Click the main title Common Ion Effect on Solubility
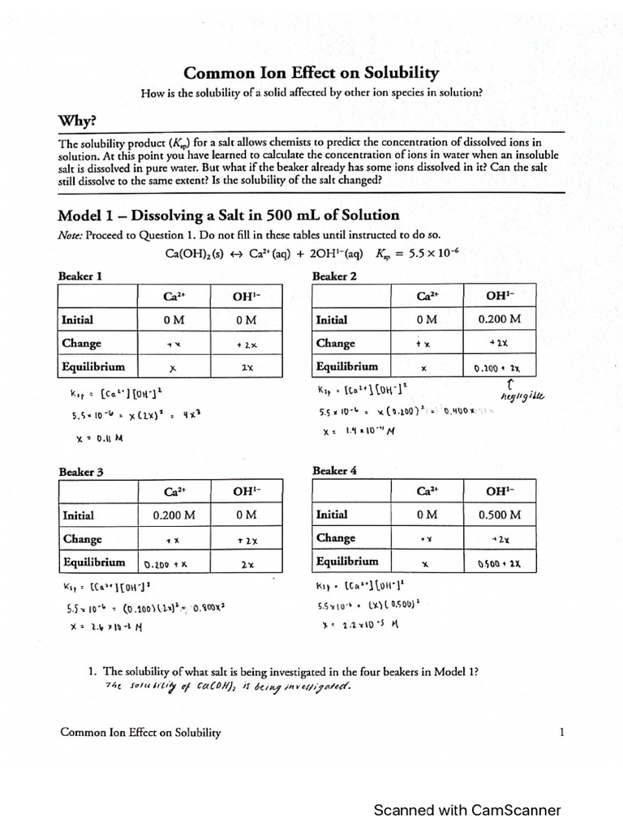(311, 73)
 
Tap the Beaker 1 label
(79, 276)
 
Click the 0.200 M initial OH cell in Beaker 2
(498, 319)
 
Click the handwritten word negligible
(522, 396)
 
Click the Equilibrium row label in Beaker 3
(93, 562)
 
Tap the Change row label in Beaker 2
(336, 343)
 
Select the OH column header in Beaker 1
(245, 297)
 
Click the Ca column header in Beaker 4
(428, 490)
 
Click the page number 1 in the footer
(561, 732)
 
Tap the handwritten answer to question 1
(228, 687)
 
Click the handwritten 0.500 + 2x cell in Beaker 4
(498, 563)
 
